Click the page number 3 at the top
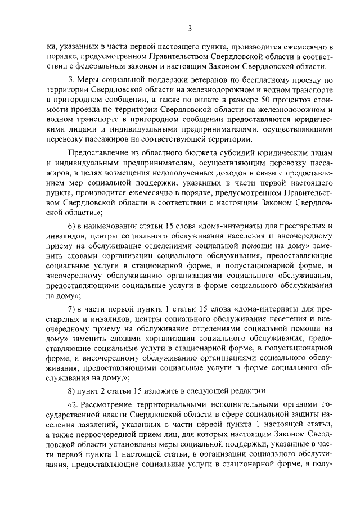190,29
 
